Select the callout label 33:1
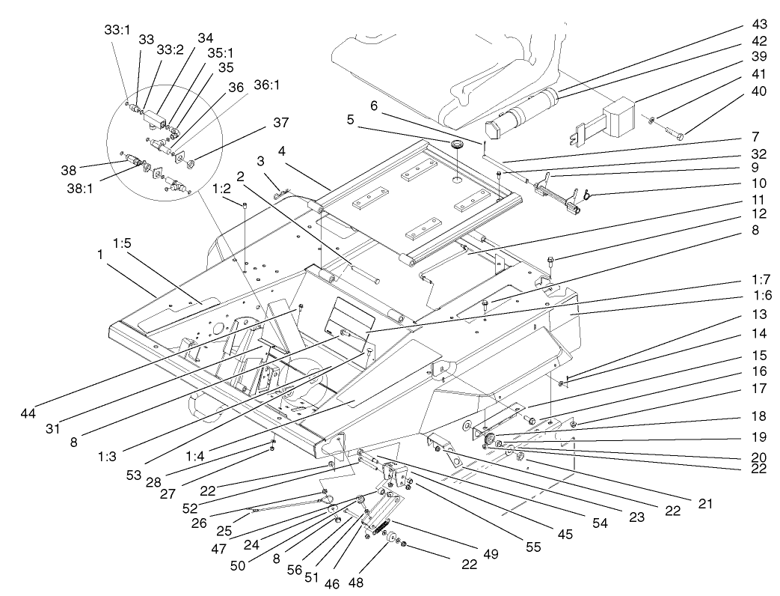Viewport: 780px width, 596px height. (117, 30)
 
